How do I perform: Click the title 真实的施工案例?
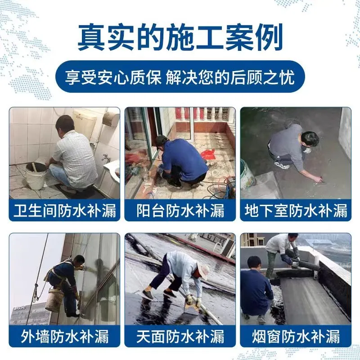pyautogui.click(x=180, y=37)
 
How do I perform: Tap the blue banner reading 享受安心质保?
pyautogui.click(x=180, y=76)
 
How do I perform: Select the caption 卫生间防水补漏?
pyautogui.click(x=64, y=210)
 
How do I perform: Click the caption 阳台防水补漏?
pyautogui.click(x=180, y=210)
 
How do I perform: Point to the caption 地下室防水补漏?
pyautogui.click(x=296, y=210)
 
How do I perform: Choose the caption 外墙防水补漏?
pyautogui.click(x=64, y=336)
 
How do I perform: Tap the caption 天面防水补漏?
pyautogui.click(x=180, y=336)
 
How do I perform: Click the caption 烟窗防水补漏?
pyautogui.click(x=296, y=336)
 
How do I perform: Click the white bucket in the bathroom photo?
pyautogui.click(x=36, y=175)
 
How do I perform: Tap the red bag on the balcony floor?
pyautogui.click(x=208, y=154)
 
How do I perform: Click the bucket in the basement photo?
pyautogui.click(x=247, y=175)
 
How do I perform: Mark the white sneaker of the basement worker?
pyautogui.click(x=282, y=165)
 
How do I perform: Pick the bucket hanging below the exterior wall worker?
pyautogui.click(x=54, y=300)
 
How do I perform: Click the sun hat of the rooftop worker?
pyautogui.click(x=203, y=271)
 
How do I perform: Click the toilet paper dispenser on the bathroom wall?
pyautogui.click(x=111, y=119)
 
